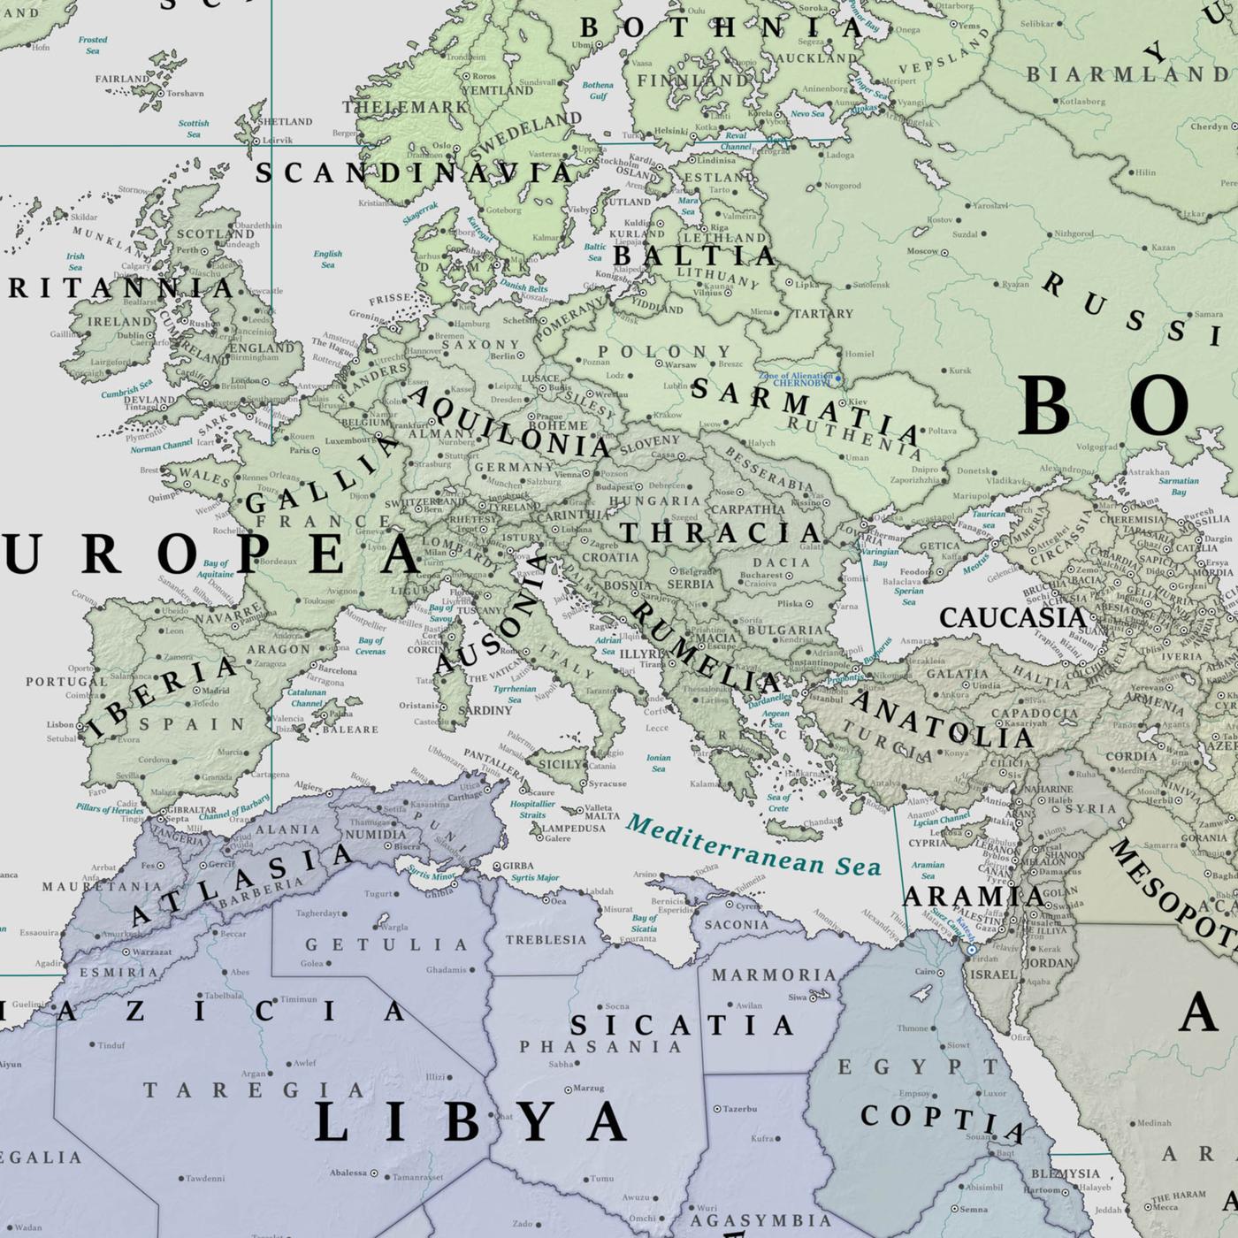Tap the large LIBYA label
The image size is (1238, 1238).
(x=470, y=1123)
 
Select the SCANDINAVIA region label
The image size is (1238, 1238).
(x=414, y=172)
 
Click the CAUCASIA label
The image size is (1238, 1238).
(x=1012, y=617)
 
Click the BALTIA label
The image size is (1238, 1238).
(x=694, y=256)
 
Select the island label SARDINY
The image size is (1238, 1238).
(x=485, y=710)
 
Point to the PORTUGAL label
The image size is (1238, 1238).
(x=65, y=682)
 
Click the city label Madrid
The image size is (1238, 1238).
(x=215, y=691)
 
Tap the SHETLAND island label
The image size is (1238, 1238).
(x=284, y=121)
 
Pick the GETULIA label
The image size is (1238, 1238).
(x=386, y=944)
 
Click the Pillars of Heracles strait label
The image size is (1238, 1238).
(x=110, y=809)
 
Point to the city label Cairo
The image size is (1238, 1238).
(x=924, y=972)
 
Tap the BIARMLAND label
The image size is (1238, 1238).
(x=1127, y=74)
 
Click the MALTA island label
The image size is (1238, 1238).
(x=603, y=816)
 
